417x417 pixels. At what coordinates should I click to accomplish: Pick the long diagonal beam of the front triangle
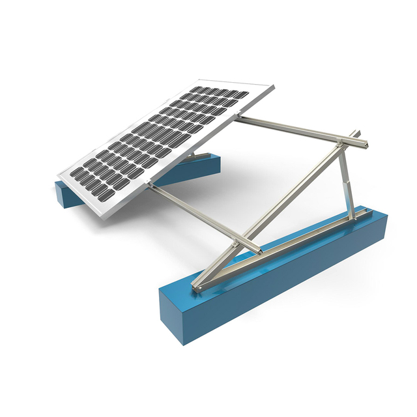click(274, 208)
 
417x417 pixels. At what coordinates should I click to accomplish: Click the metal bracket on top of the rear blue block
click(199, 156)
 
